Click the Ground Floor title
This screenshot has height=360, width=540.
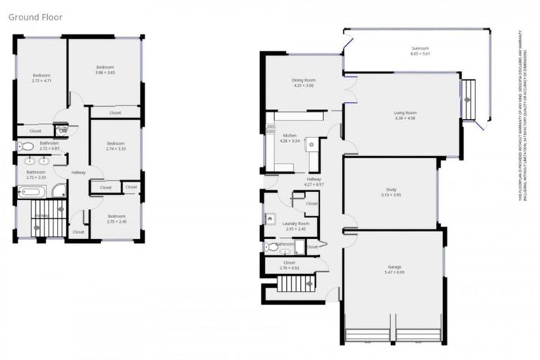tap(36, 17)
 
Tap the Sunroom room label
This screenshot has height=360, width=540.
tap(420, 48)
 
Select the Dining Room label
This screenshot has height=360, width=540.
tap(303, 80)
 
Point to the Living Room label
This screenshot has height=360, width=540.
tap(405, 112)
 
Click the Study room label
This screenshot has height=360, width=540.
tap(391, 190)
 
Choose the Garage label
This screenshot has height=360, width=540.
tap(394, 267)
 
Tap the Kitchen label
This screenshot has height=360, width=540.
tap(290, 135)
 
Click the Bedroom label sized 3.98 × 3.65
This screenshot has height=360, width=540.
tap(105, 67)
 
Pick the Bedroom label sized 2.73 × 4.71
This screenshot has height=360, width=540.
tap(41, 75)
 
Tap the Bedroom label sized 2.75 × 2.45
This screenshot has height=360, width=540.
tap(116, 216)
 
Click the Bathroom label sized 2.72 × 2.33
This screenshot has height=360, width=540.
tap(36, 172)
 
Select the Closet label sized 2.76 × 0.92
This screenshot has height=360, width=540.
tap(289, 262)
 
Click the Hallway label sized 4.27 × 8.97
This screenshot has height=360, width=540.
tap(313, 179)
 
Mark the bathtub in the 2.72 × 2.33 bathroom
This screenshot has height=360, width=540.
tap(32, 191)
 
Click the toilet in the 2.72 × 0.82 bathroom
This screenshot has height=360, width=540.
tap(25, 147)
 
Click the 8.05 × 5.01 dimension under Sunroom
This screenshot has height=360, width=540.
tap(420, 53)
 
